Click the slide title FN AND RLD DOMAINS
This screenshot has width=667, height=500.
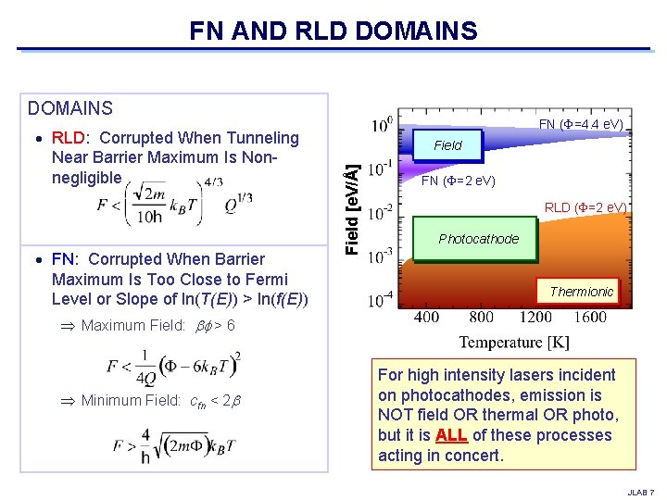(333, 31)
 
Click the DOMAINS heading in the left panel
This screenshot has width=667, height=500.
(70, 109)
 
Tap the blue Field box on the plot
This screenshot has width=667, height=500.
(447, 144)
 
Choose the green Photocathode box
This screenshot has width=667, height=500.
(479, 239)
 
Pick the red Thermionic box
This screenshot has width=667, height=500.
(582, 291)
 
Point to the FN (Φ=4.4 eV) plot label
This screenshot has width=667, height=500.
(581, 124)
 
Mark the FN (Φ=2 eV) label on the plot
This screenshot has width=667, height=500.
(459, 181)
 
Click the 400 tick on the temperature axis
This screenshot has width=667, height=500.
(426, 318)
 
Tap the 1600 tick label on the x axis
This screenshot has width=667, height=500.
(590, 318)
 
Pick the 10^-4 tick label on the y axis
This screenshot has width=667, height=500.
(381, 300)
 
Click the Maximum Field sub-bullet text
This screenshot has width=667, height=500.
(157, 325)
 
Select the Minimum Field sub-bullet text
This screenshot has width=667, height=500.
(161, 400)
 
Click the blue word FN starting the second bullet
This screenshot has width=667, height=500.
(64, 259)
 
